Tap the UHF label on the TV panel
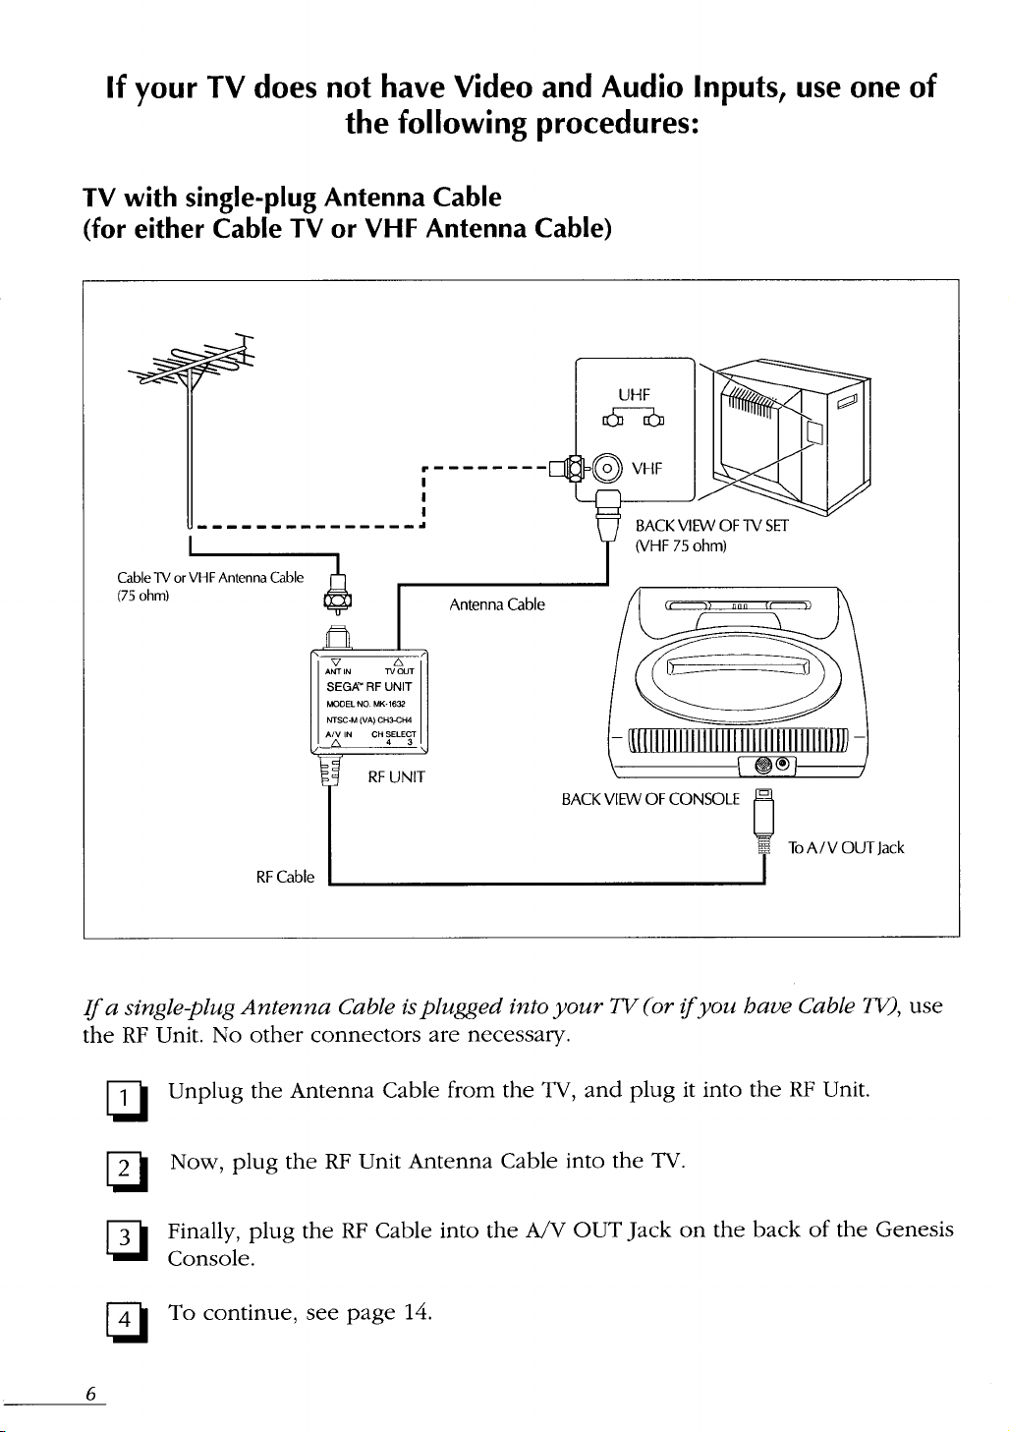point(634,395)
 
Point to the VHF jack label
point(646,468)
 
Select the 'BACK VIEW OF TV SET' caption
point(711,526)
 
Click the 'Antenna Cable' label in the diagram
point(496,604)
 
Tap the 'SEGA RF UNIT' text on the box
point(368,687)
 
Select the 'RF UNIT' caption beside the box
point(396,777)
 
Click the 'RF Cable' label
point(285,877)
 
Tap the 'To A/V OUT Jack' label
point(845,847)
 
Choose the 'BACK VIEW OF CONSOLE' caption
point(650,799)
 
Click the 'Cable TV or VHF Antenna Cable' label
point(210,578)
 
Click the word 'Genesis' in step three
point(914,1230)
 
